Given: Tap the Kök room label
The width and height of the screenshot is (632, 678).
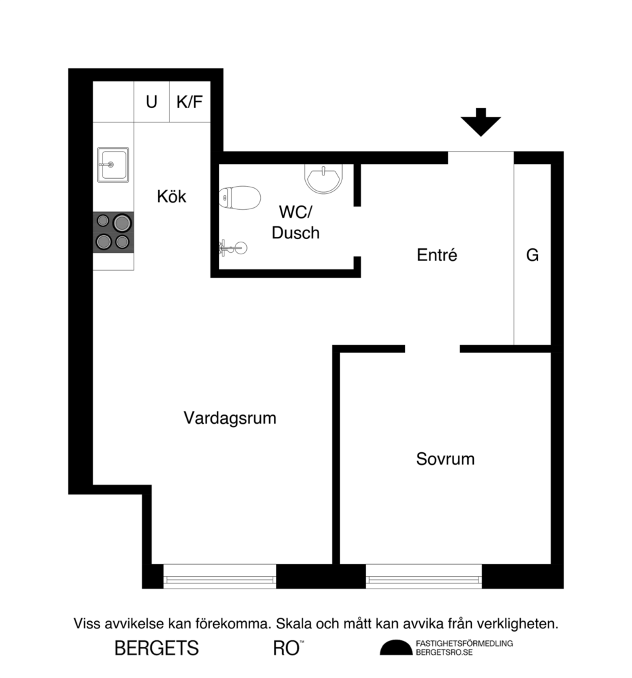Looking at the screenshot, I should tap(172, 197).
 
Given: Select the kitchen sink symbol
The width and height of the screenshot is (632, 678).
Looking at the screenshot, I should tap(113, 164).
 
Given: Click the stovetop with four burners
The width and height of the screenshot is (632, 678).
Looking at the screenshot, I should tap(113, 232).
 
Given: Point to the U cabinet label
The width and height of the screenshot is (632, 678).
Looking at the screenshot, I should tap(152, 102).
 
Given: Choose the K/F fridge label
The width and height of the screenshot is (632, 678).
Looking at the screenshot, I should tap(190, 102).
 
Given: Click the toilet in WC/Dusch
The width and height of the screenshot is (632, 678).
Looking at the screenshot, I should tap(240, 197).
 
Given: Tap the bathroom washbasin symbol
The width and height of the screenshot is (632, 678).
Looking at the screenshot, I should tap(324, 177).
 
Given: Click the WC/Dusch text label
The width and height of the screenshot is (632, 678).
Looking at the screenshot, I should tap(296, 222).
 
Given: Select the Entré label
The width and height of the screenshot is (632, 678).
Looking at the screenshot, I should tap(437, 255).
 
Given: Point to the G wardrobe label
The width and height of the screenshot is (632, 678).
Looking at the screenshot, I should tap(532, 255).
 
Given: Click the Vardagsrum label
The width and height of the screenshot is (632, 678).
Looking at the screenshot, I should tap(230, 418).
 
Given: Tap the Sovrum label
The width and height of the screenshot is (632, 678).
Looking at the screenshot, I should tap(445, 459).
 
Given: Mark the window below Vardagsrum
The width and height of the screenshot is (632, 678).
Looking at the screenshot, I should tap(219, 576).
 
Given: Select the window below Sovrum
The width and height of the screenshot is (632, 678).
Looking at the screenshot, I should tap(424, 576).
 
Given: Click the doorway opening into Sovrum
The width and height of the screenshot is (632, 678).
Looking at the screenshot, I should tap(432, 348).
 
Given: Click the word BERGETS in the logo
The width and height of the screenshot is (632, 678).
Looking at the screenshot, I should tap(157, 648).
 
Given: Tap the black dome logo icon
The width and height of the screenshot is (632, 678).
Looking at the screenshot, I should tap(395, 648).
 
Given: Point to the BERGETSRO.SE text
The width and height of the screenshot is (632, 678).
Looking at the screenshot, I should tap(444, 652).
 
